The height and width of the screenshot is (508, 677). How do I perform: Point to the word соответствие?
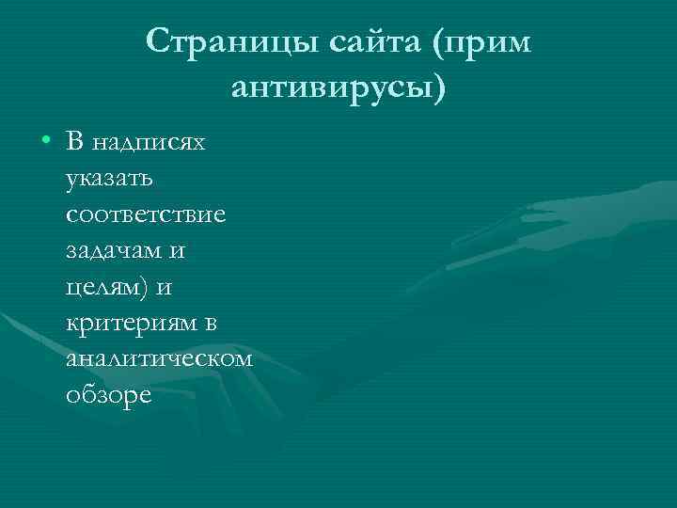146,214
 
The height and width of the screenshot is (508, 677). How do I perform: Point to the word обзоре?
109,395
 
